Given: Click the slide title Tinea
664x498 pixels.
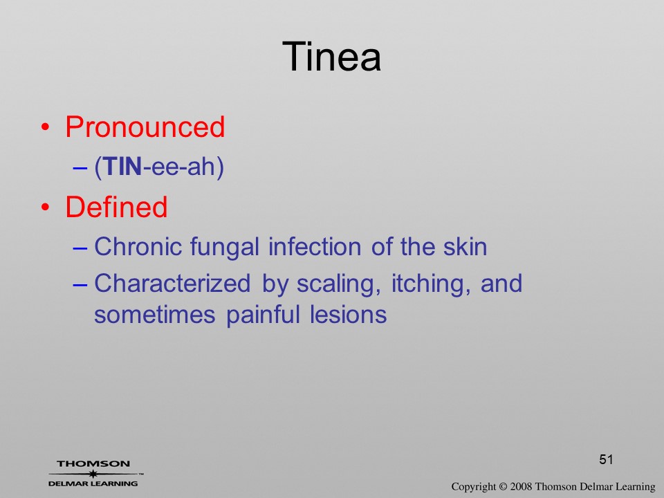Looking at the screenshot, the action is click(x=331, y=56).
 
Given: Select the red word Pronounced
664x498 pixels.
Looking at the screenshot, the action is click(x=145, y=127).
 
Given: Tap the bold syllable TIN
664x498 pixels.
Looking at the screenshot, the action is click(x=122, y=166).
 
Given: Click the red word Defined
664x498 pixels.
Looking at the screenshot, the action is click(x=116, y=207).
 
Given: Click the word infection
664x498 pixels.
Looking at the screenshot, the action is click(x=315, y=246).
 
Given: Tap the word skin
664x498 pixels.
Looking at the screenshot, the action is click(x=465, y=246).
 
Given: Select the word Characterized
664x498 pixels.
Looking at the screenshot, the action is click(x=172, y=283).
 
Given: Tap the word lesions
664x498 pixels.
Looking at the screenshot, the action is click(x=348, y=315).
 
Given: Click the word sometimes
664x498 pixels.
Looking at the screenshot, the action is click(x=154, y=315).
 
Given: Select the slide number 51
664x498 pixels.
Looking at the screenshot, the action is click(x=606, y=459).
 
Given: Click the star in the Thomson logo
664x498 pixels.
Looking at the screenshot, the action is click(x=93, y=473).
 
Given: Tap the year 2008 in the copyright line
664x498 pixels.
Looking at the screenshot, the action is click(x=522, y=486).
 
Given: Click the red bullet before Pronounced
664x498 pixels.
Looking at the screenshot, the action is click(x=46, y=127).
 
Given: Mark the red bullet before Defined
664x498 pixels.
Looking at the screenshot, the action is click(x=46, y=207).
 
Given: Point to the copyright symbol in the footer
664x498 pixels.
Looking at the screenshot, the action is click(x=503, y=486).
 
